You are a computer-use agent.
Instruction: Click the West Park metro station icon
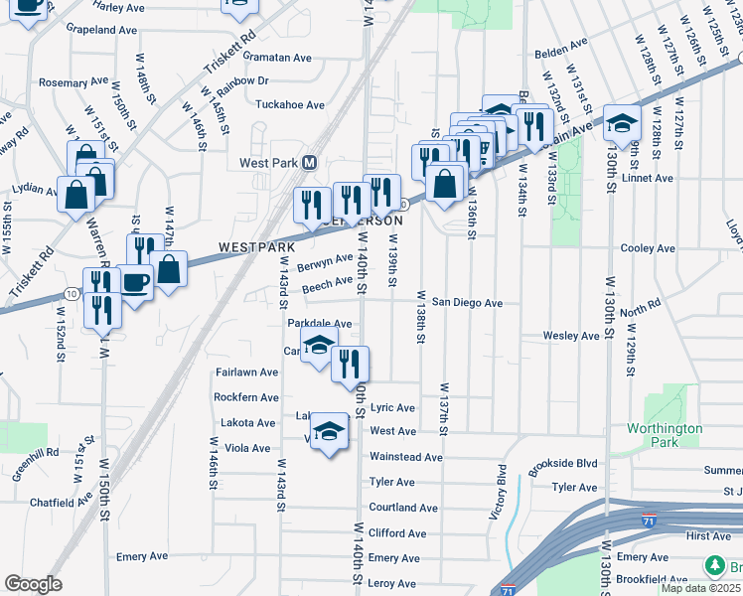[x=309, y=163]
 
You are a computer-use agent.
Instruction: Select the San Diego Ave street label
[x=466, y=302]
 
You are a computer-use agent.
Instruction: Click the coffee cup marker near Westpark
[x=135, y=282]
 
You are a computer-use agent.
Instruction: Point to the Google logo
[x=33, y=584]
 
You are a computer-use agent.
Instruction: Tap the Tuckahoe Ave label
[x=290, y=104]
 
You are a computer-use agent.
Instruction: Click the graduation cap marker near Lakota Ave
[x=329, y=432]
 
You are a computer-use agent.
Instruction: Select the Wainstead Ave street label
[x=405, y=457]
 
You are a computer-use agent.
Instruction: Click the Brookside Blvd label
[x=563, y=463]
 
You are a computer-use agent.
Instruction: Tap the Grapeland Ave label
[x=101, y=31]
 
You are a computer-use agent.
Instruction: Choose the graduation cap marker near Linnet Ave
[x=622, y=122]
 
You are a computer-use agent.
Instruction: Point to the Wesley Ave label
[x=571, y=336]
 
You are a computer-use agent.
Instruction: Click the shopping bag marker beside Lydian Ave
[x=76, y=195]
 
